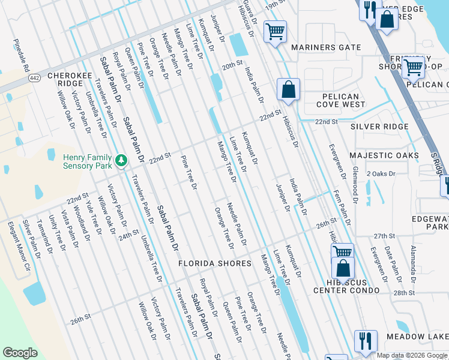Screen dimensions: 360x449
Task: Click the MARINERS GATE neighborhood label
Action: [x=326, y=47]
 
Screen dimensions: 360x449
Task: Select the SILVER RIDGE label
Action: [x=379, y=127]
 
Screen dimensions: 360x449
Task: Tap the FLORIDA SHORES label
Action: [x=214, y=263]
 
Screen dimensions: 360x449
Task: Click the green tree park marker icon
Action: [x=122, y=160]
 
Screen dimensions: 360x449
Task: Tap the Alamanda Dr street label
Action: [x=413, y=263]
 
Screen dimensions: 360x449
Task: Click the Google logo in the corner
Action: [x=20, y=353]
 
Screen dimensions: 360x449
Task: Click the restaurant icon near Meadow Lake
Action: [x=365, y=340]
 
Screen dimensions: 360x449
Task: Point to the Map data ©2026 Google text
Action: [x=412, y=355]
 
